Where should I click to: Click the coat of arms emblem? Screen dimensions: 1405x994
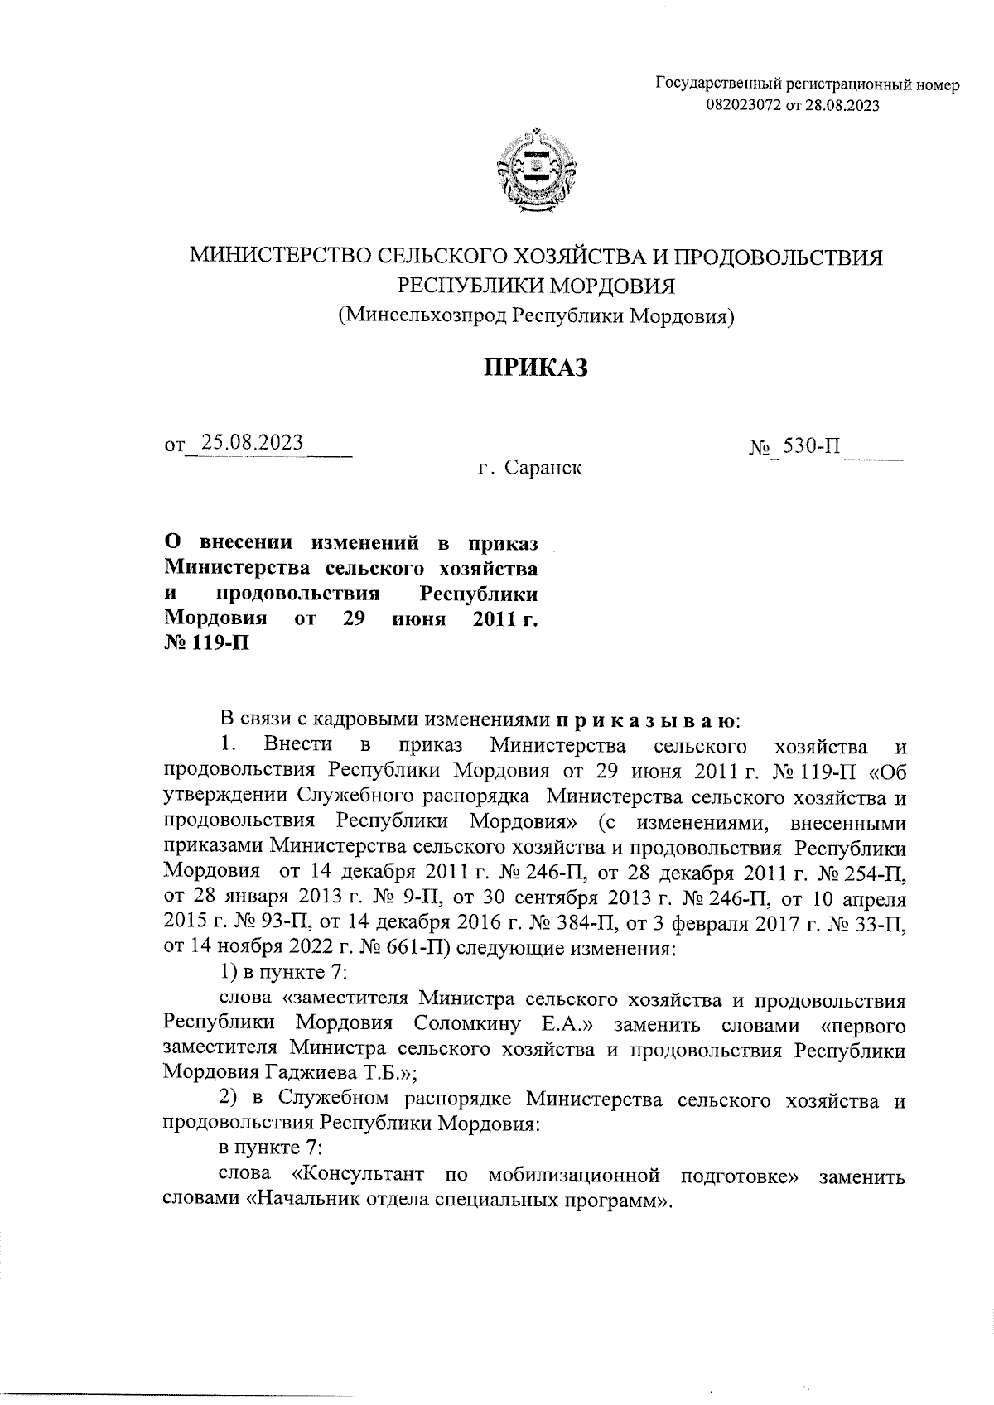click(537, 169)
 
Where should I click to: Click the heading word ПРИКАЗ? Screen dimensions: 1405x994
click(536, 368)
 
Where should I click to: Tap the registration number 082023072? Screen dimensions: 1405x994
click(740, 105)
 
